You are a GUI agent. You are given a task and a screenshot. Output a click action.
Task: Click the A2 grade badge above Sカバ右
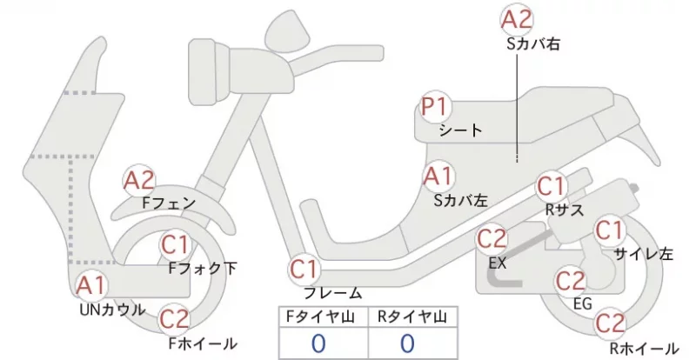(517, 20)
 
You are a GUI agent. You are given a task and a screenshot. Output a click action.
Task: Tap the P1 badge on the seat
(436, 108)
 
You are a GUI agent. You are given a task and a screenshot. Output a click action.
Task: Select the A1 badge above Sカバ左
(438, 177)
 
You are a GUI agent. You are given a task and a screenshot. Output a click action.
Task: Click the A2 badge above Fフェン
(139, 181)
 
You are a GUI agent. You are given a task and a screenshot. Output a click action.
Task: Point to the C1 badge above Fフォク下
(176, 244)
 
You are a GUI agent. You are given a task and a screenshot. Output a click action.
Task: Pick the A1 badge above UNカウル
(90, 285)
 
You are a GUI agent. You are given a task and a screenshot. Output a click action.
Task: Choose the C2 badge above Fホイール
(174, 319)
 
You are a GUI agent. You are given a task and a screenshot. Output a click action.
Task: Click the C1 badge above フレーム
(304, 270)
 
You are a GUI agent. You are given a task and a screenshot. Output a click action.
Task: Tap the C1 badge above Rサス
(551, 186)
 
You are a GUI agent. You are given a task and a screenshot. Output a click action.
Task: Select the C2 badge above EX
(492, 240)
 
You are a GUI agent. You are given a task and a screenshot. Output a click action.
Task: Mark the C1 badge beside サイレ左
(610, 230)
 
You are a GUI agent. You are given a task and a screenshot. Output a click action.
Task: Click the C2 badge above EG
(571, 281)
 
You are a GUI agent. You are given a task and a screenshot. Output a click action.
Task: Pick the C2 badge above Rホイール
(610, 323)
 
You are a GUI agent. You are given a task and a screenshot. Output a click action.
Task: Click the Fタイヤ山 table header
(320, 317)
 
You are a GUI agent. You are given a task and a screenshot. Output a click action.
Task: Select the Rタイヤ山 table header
(412, 317)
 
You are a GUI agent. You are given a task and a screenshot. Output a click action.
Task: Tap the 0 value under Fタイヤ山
(318, 343)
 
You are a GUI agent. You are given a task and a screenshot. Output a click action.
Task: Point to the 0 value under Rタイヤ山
(407, 343)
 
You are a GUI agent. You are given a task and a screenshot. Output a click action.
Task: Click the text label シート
(460, 130)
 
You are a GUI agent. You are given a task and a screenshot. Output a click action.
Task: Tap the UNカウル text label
(113, 310)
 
